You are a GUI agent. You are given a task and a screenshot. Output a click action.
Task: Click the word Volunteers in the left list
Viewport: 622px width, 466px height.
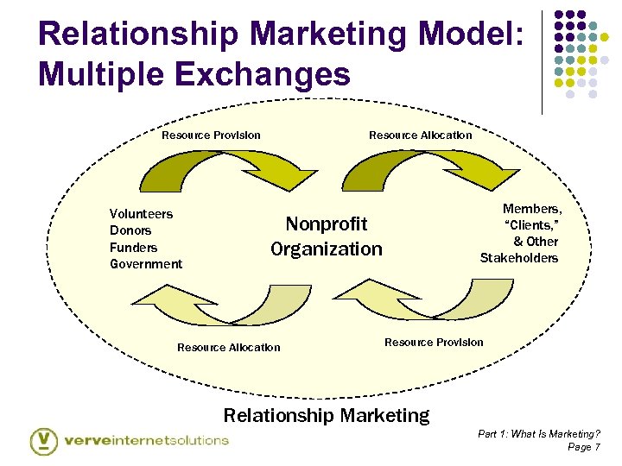pos(141,214)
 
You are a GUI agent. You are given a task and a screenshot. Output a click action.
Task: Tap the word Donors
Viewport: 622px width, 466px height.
pos(130,230)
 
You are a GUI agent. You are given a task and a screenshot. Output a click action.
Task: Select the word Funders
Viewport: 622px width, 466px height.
pos(133,248)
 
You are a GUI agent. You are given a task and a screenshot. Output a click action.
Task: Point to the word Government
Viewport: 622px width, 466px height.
pos(146,264)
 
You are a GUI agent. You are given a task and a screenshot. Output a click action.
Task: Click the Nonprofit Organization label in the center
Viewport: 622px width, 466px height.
pos(326,236)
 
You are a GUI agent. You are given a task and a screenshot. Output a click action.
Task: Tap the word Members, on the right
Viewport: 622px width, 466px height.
pos(532,209)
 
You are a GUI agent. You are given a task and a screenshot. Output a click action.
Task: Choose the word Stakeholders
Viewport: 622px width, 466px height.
pos(519,258)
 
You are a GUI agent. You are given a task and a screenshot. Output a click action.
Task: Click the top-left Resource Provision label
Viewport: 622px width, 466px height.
pos(211,135)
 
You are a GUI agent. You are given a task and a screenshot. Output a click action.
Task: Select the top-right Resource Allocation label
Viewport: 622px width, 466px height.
pos(421,135)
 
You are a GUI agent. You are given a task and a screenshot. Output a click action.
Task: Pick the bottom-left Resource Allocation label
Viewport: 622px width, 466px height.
pos(228,348)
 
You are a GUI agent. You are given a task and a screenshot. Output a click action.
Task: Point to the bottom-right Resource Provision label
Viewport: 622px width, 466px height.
pos(434,343)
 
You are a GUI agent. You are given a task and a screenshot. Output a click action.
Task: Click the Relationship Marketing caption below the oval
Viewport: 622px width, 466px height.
pos(326,415)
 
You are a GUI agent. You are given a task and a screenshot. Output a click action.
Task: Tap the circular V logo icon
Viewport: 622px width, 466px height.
pos(44,440)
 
